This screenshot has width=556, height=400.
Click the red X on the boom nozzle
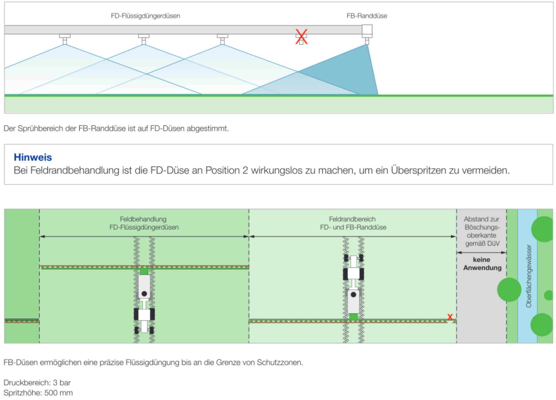(x=301, y=37)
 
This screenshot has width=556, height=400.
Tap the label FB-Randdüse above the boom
(x=367, y=16)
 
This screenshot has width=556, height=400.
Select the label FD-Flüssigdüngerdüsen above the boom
(x=145, y=16)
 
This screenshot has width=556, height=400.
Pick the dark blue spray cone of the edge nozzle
(x=353, y=75)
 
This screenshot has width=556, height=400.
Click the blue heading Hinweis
(x=33, y=157)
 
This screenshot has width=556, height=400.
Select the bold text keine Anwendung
(x=482, y=264)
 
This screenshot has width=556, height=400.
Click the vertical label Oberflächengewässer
(x=528, y=276)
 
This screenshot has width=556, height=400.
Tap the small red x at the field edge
(x=450, y=317)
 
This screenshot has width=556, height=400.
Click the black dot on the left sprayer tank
(x=144, y=294)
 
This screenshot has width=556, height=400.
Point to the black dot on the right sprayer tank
(x=354, y=294)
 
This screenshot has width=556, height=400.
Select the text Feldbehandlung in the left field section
(x=143, y=219)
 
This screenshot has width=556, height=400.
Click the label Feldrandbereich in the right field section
(x=352, y=219)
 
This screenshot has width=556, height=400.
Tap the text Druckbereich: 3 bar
(x=37, y=382)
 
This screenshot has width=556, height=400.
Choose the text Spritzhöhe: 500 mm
(x=38, y=393)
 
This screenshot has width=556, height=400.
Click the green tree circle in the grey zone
(x=509, y=290)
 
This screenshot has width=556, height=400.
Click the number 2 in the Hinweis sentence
(x=245, y=170)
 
